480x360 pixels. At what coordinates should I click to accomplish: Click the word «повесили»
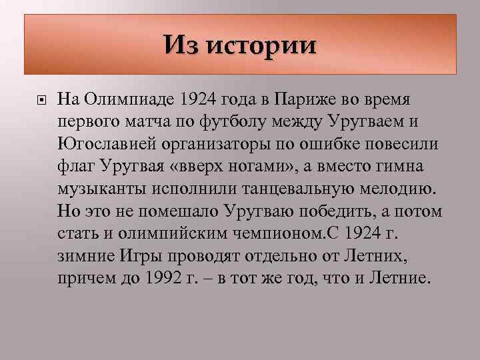389,144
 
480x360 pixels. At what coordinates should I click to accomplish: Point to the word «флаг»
79,166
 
